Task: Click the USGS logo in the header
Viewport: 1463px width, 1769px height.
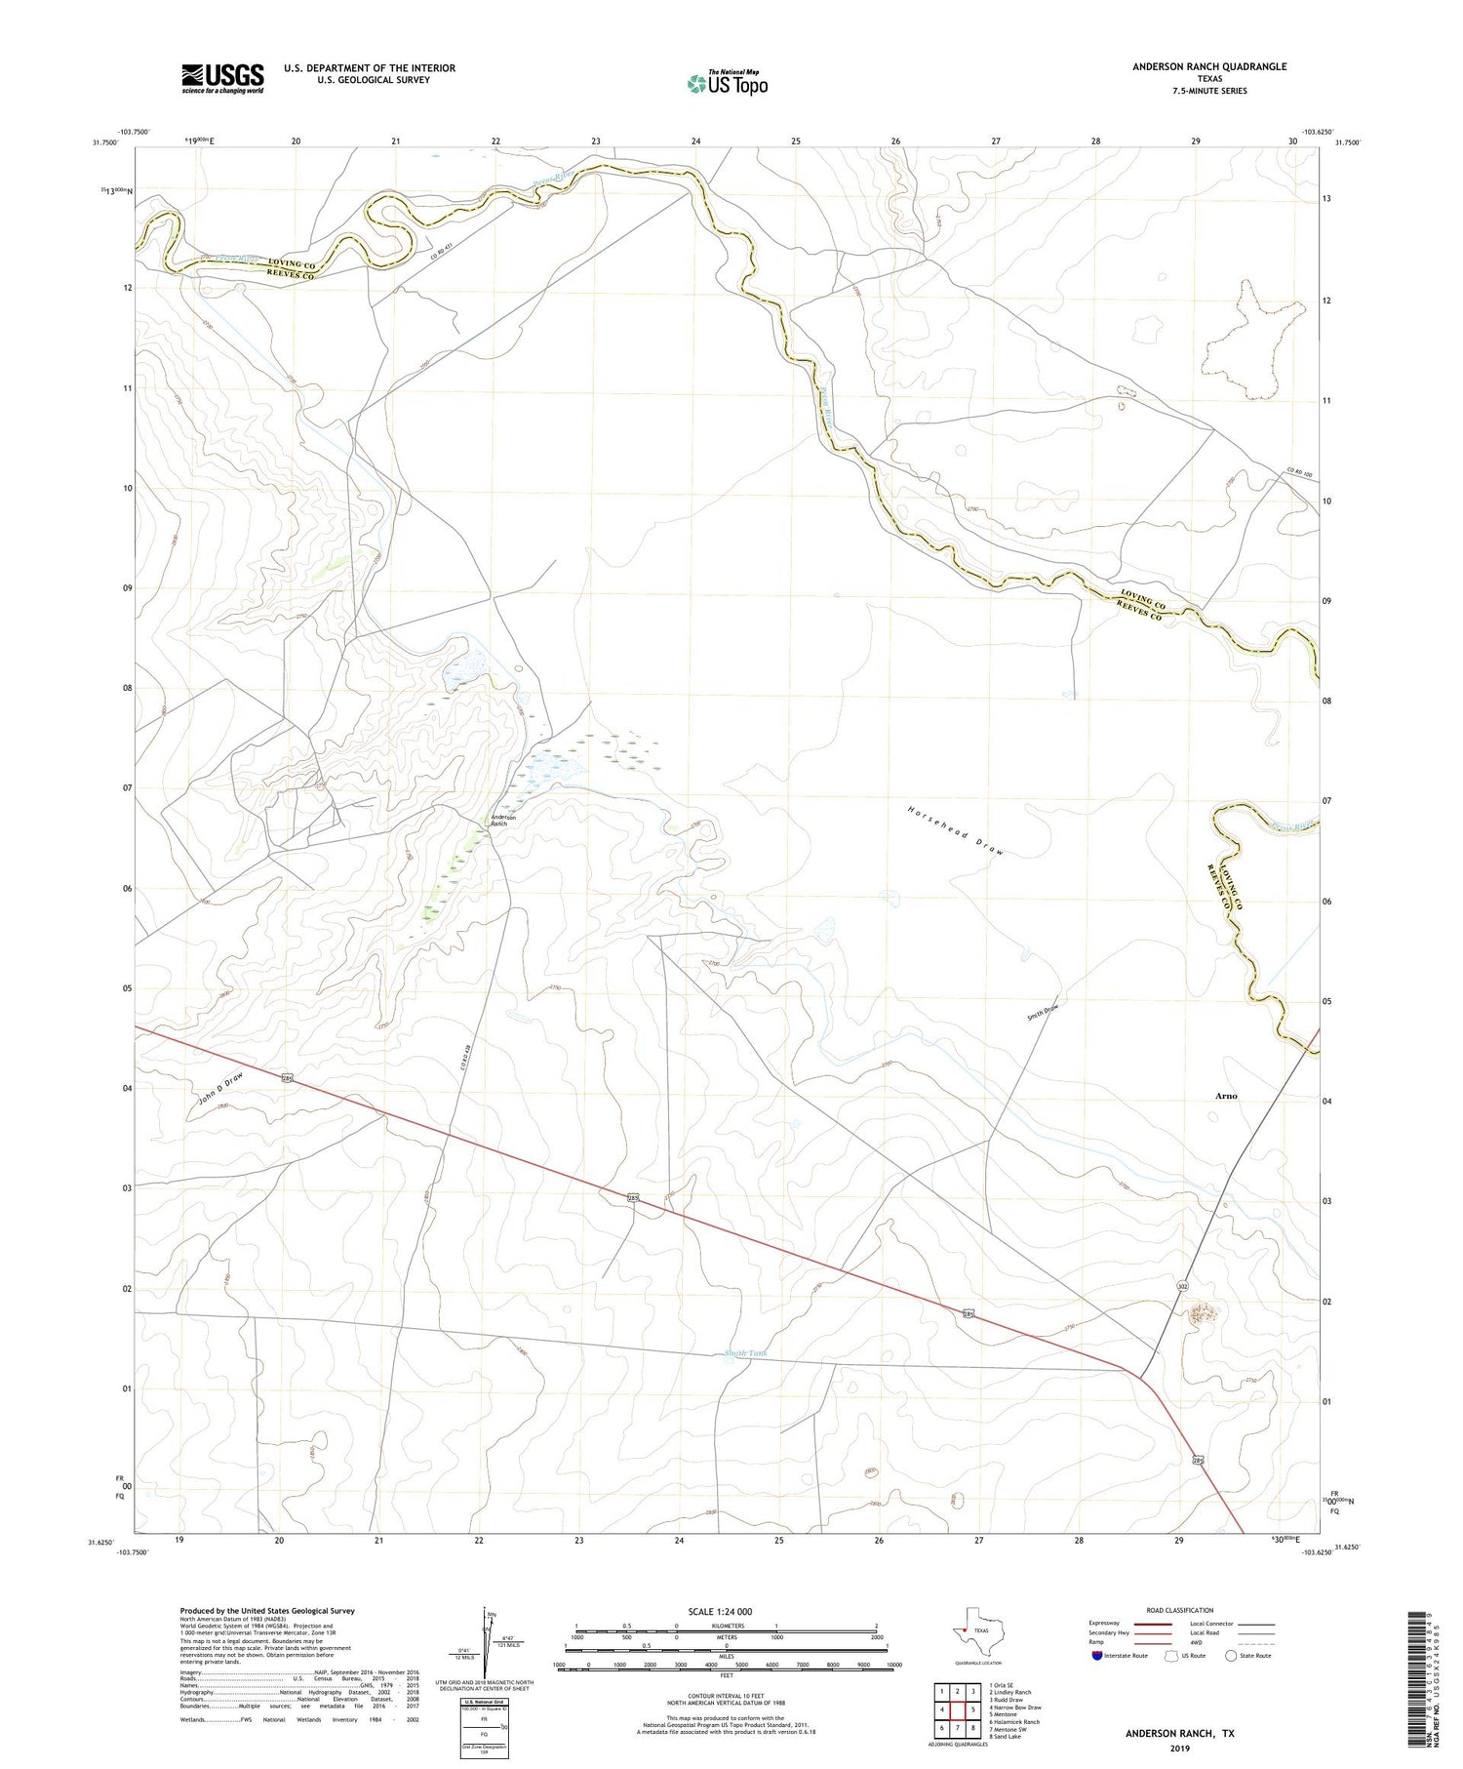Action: pos(222,78)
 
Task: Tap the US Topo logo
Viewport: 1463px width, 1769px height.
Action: pos(727,83)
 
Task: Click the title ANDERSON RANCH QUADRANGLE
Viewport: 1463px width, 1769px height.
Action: pos(1208,66)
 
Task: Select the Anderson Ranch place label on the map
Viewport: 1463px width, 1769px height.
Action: pos(499,820)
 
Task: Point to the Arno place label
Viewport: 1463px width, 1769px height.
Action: pos(1226,1096)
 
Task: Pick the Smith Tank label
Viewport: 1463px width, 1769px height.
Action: pos(745,1353)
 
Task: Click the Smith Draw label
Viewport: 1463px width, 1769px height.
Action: pos(1042,1012)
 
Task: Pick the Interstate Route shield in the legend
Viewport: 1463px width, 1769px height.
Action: pos(1097,1656)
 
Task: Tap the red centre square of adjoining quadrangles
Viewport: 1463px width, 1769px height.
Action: pos(958,1709)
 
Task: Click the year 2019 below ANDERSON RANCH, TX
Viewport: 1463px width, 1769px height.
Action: pos(1179,1746)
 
